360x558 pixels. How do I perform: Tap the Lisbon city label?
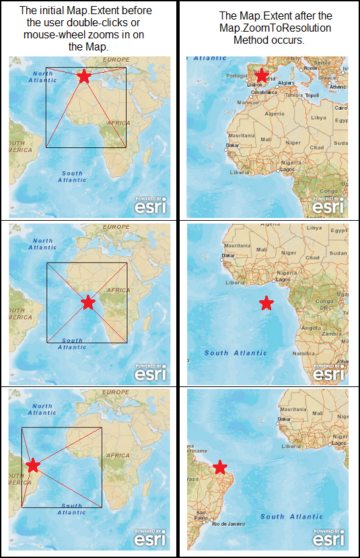(x=254, y=85)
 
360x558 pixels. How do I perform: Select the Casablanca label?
(x=265, y=92)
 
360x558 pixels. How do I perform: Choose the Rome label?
(x=310, y=68)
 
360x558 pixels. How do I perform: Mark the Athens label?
(x=338, y=87)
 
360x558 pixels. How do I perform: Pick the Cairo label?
(x=341, y=108)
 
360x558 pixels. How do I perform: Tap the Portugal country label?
(x=237, y=75)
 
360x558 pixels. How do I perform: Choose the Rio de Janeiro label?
(x=227, y=523)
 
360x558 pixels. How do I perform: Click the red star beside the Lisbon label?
(x=262, y=76)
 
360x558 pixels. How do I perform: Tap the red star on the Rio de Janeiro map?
(x=220, y=467)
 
